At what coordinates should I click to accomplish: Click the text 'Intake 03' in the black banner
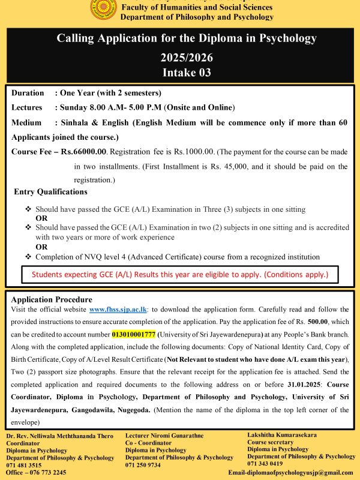point(186,73)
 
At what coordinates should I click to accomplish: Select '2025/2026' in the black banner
point(186,59)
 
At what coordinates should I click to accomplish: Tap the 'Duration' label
point(28,93)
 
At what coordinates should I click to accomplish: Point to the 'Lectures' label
point(27,107)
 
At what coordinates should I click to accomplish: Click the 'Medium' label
point(27,122)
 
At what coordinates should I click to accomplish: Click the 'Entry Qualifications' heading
point(50,192)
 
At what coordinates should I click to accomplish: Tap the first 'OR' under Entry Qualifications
point(41,218)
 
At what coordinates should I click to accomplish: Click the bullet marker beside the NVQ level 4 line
point(28,257)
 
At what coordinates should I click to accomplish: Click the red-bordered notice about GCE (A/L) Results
point(180,274)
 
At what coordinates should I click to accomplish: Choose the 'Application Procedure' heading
point(52,299)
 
